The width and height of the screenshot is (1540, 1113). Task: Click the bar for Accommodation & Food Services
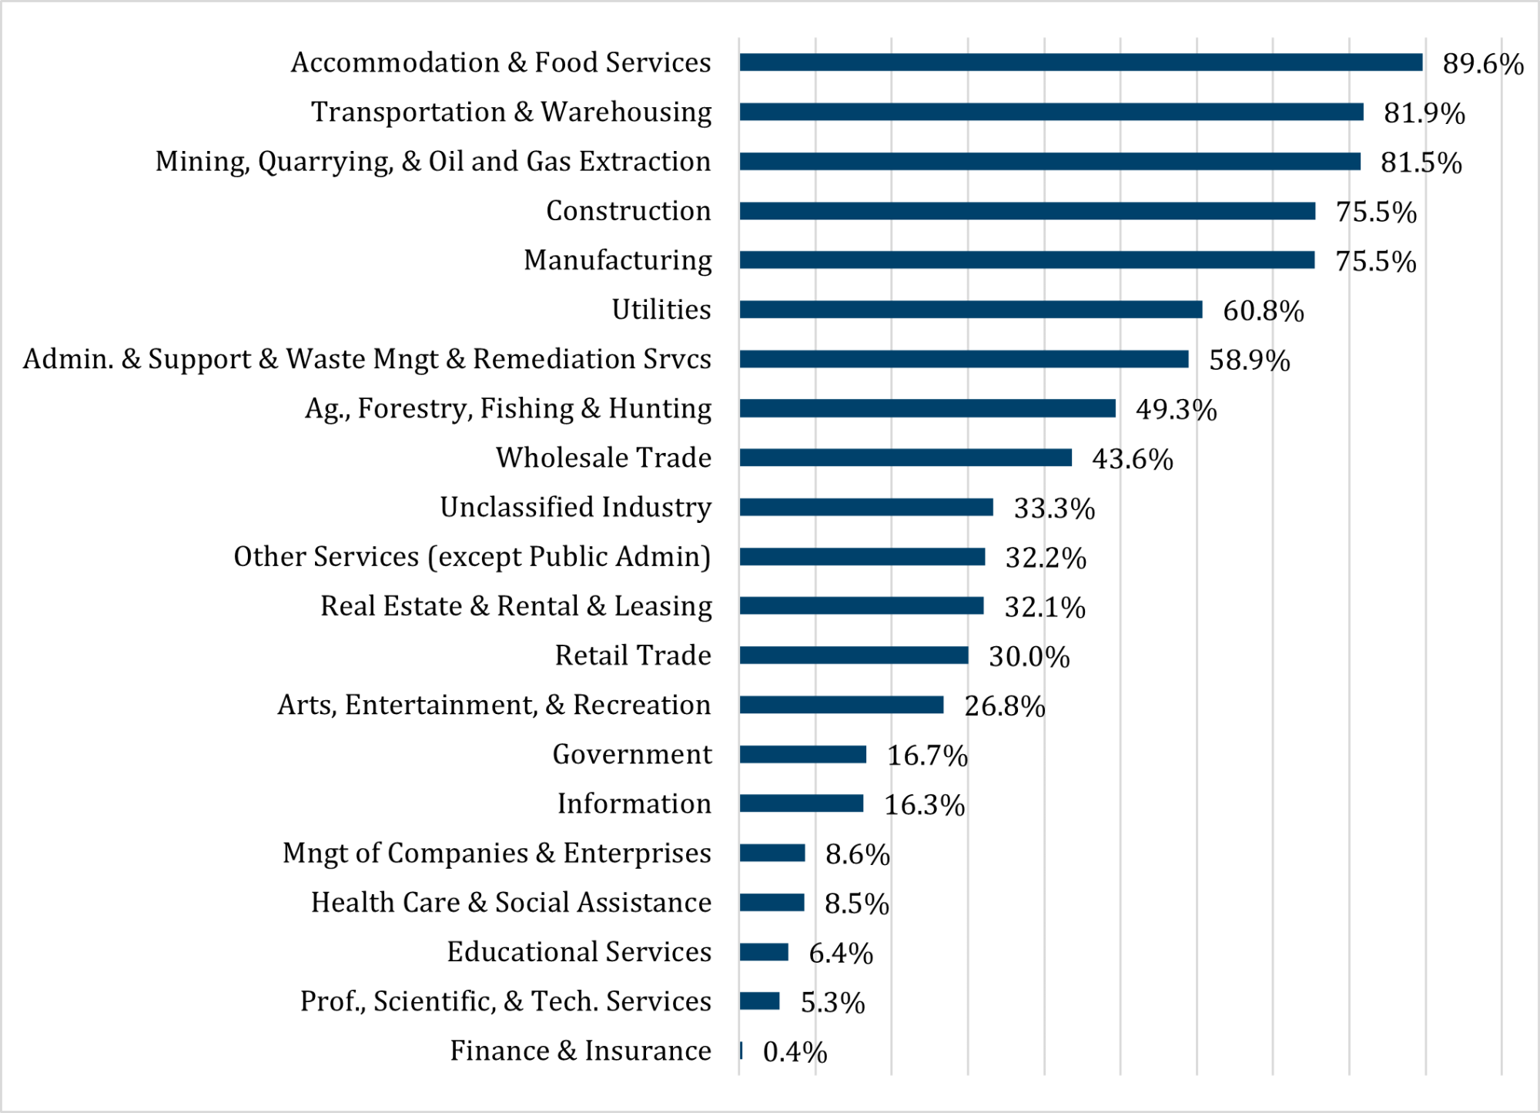[1080, 62]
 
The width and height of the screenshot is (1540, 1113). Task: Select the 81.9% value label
[1424, 113]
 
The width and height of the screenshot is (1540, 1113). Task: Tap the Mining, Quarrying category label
[433, 162]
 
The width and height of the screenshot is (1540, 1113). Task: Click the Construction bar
[1027, 211]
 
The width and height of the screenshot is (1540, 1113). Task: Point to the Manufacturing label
[618, 260]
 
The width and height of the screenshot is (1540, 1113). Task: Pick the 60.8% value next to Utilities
[1263, 311]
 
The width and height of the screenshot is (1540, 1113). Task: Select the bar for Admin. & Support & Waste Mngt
[963, 359]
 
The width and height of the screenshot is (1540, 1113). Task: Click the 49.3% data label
[1176, 410]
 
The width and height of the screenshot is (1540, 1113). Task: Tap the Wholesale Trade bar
[906, 458]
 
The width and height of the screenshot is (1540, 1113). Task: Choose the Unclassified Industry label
[575, 508]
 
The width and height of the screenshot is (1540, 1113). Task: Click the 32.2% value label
[1046, 558]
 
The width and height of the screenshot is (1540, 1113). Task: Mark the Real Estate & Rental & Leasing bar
[862, 606]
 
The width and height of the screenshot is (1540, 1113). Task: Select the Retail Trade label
[633, 655]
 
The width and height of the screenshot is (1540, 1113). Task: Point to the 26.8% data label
[1004, 706]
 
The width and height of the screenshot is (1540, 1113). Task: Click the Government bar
[802, 754]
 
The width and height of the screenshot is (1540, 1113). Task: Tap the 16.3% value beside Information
[924, 805]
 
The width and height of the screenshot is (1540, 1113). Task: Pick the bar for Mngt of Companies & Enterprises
[772, 853]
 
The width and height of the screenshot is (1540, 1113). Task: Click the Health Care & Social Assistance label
[511, 903]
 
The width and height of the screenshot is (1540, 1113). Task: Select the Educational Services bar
[764, 952]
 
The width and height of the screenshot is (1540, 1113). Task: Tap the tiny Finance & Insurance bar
[741, 1051]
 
